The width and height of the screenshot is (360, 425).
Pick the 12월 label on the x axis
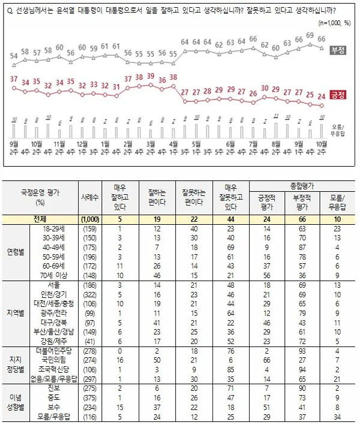tap(82, 144)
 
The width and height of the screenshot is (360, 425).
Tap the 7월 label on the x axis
tap(253, 144)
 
